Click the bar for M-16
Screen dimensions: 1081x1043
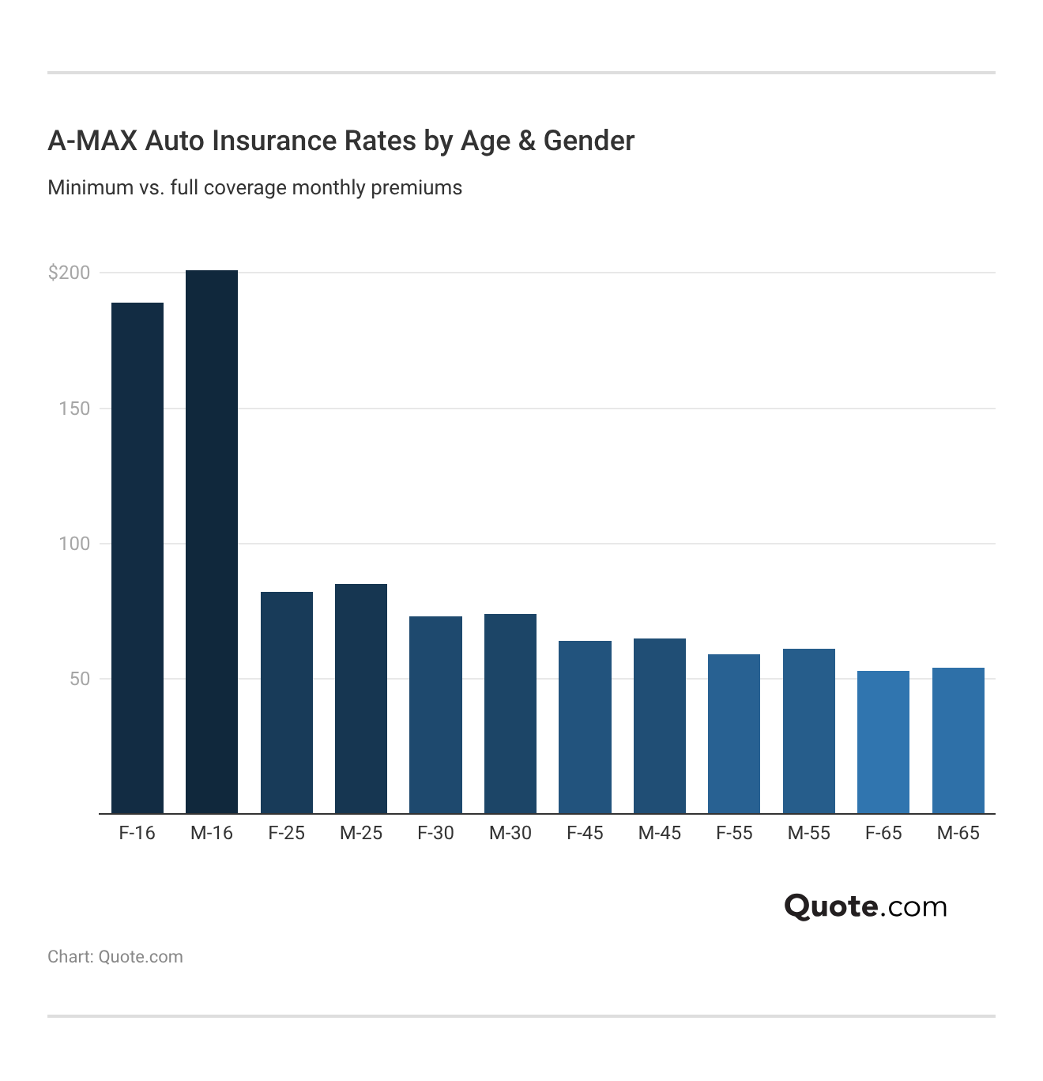point(212,542)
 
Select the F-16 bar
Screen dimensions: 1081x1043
point(137,558)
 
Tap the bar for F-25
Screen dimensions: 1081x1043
point(287,702)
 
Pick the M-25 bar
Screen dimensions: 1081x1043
point(361,699)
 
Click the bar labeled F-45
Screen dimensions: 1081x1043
point(585,727)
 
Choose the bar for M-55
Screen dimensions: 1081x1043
point(809,731)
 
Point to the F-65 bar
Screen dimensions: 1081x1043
point(883,742)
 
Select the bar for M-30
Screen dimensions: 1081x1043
point(510,714)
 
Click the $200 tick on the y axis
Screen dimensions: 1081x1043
point(70,273)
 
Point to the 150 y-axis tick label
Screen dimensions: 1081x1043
point(74,409)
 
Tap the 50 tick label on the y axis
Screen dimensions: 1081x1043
point(80,679)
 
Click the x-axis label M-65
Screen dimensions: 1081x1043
point(958,833)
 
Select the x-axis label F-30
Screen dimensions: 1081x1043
point(435,833)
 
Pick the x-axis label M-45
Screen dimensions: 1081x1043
point(660,833)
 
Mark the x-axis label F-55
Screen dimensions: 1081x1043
point(734,833)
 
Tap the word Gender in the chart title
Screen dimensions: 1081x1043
point(589,141)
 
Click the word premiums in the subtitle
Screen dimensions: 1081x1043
point(416,188)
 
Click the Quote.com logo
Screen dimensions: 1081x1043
point(865,906)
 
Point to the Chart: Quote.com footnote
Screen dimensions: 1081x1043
point(115,957)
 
